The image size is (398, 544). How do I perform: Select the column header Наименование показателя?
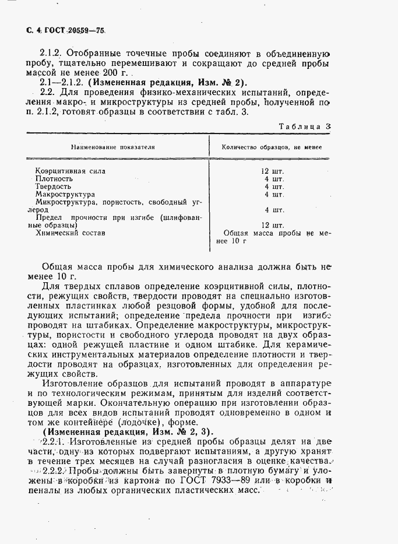tap(113, 148)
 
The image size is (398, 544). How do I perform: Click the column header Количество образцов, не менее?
tap(272, 148)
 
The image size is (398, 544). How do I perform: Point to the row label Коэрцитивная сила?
tap(71, 171)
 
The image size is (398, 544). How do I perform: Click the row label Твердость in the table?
tap(54, 186)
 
